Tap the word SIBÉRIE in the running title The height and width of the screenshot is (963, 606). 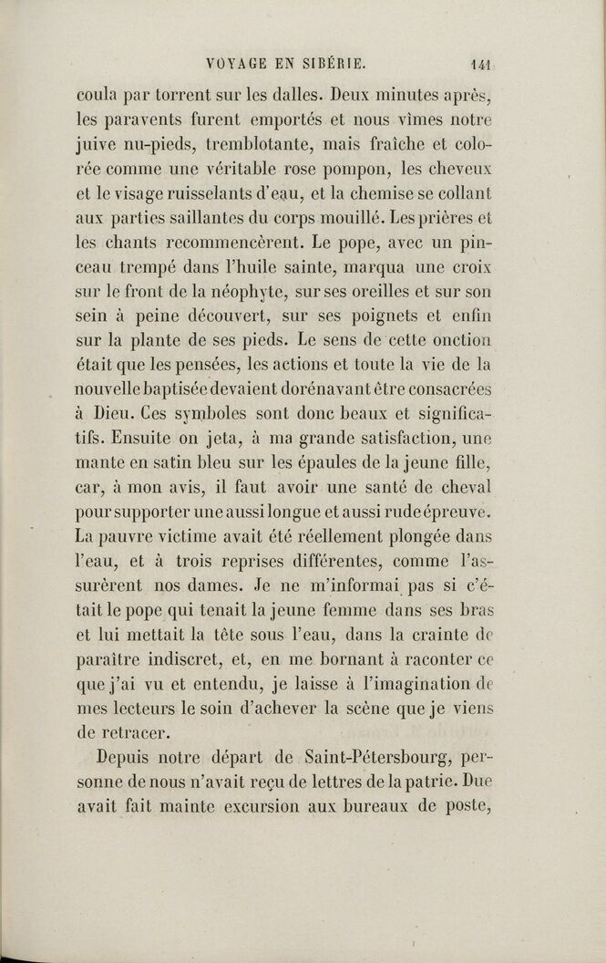point(333,65)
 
